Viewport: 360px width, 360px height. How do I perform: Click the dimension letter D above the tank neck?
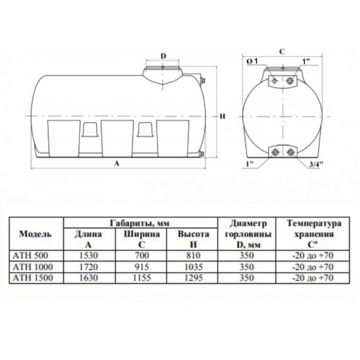[x=163, y=56]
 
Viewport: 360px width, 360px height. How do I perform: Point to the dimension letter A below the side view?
[x=117, y=163]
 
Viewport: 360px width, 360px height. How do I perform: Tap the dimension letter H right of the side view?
[x=223, y=116]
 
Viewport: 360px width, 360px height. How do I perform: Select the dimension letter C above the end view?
[x=281, y=52]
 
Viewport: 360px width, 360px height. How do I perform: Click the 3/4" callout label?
[x=316, y=164]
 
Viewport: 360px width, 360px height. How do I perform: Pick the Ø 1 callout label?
[x=252, y=61]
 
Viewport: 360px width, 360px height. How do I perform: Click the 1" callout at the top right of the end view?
[x=306, y=61]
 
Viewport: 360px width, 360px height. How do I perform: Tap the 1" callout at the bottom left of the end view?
[x=249, y=164]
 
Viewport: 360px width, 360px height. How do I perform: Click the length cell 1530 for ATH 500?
[x=88, y=255]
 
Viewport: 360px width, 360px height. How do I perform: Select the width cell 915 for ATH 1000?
[x=141, y=267]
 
